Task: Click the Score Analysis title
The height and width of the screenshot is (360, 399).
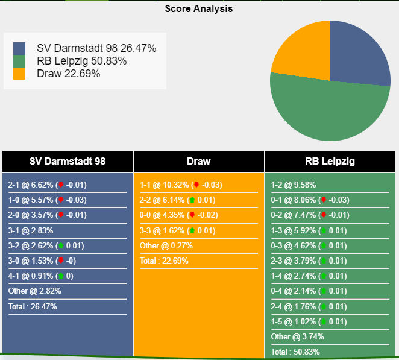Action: pyautogui.click(x=199, y=9)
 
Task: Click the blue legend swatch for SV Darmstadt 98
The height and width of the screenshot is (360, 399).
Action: pyautogui.click(x=19, y=48)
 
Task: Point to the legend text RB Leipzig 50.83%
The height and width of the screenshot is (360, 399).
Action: pyautogui.click(x=81, y=61)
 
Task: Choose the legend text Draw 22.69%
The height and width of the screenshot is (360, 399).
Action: pyautogui.click(x=68, y=74)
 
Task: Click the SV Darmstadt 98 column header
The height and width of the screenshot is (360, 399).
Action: pyautogui.click(x=68, y=161)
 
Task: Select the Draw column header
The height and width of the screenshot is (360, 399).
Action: pyautogui.click(x=199, y=161)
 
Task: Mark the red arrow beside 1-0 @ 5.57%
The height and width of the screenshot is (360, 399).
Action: pyautogui.click(x=60, y=200)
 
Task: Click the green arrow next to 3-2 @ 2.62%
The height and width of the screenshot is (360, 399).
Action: pyautogui.click(x=60, y=245)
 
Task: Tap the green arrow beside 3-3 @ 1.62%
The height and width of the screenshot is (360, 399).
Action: pyautogui.click(x=192, y=230)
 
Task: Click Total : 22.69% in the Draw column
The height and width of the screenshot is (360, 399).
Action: pyautogui.click(x=164, y=261)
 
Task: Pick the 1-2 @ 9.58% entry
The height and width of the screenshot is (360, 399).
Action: pyautogui.click(x=294, y=185)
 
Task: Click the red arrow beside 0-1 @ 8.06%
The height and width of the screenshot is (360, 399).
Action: pyautogui.click(x=323, y=200)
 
